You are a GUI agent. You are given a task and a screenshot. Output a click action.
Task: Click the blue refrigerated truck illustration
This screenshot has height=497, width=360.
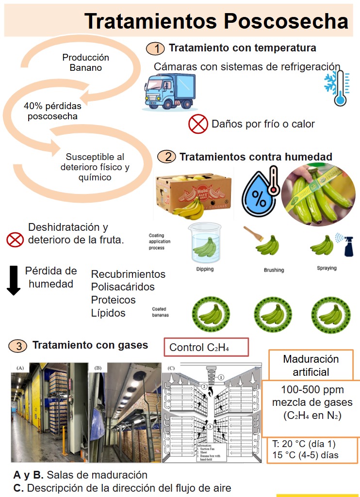pyautogui.click(x=169, y=92)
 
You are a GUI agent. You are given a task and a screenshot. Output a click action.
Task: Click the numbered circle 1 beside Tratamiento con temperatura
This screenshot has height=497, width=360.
pyautogui.click(x=156, y=48)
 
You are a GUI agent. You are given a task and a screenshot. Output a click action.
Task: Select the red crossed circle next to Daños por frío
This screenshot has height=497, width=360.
pyautogui.click(x=197, y=124)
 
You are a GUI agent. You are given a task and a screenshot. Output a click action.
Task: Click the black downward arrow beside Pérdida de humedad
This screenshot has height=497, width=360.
pyautogui.click(x=14, y=280)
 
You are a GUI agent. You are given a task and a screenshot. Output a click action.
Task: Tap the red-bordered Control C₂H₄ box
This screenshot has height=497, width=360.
pyautogui.click(x=206, y=347)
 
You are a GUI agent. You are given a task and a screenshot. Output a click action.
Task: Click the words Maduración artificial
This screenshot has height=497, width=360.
pyautogui.click(x=311, y=366)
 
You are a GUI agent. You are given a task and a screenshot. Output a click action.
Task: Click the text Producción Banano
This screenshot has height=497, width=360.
pyautogui.click(x=85, y=63)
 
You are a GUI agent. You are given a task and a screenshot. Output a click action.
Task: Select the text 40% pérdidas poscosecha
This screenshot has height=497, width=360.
pyautogui.click(x=52, y=111)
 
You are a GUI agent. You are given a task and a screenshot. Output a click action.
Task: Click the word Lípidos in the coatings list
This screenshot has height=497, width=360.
pyautogui.click(x=108, y=313)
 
